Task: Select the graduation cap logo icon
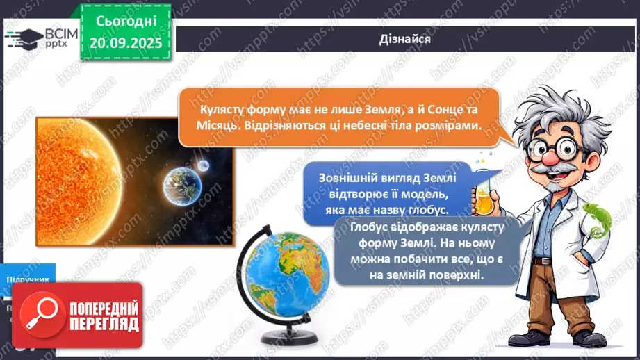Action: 26,38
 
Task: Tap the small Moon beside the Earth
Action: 203,165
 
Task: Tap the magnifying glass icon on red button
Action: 40,313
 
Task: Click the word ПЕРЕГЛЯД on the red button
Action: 104,323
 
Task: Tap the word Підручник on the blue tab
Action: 27,279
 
